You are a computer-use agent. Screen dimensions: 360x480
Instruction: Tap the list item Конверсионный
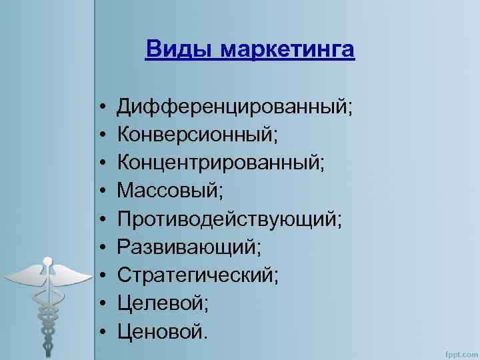(x=197, y=134)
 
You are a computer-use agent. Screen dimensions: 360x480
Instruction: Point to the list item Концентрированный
(x=221, y=162)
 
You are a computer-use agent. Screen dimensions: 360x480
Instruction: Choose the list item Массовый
(x=170, y=191)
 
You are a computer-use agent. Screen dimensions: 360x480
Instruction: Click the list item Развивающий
(x=189, y=247)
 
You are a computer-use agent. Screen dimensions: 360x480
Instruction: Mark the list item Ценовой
(x=163, y=331)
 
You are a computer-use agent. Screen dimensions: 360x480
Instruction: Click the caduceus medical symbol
(x=47, y=300)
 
